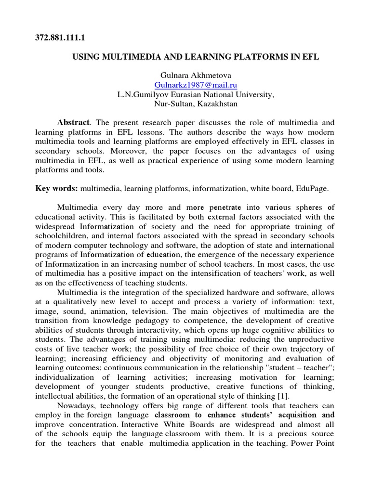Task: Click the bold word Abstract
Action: pyautogui.click(x=74, y=123)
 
